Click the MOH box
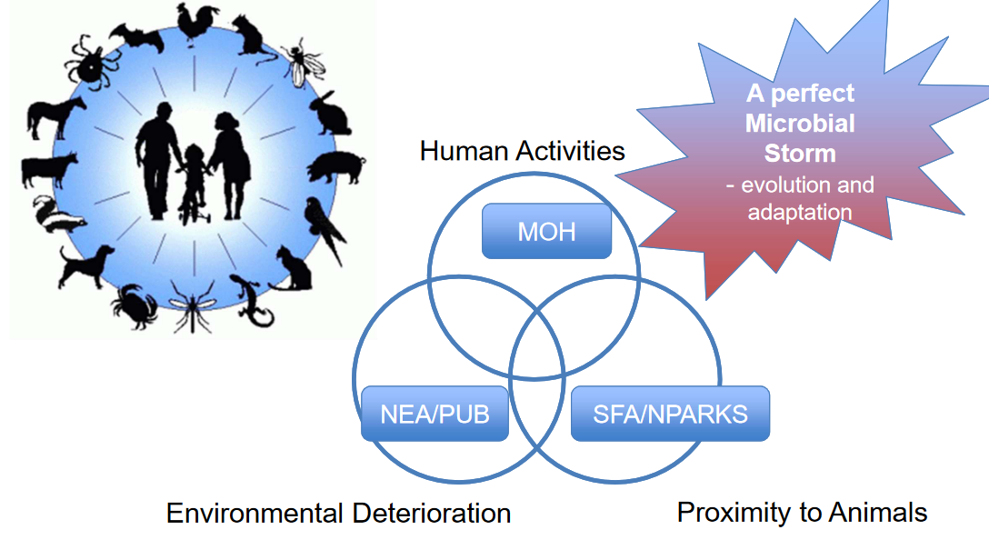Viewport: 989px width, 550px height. pos(546,231)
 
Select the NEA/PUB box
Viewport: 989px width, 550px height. pos(435,415)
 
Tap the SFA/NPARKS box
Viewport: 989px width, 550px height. pos(670,415)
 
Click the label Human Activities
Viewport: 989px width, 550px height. pos(522,151)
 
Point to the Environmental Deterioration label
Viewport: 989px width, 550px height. pos(338,514)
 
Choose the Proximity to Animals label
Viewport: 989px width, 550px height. pos(802,512)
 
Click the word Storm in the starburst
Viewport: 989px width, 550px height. pos(800,152)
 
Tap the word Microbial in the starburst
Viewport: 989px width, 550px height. pos(800,123)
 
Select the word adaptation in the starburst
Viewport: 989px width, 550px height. pos(800,212)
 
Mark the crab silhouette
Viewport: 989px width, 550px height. pos(136,305)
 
